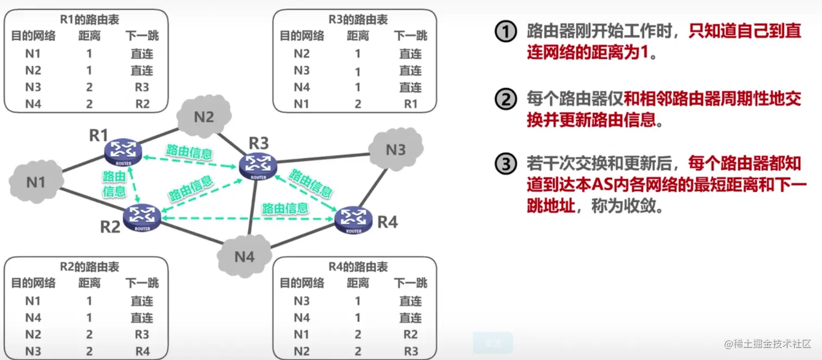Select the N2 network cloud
(204, 117)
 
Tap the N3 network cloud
(396, 150)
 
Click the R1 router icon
(123, 152)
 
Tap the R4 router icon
(353, 220)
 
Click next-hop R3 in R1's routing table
(142, 87)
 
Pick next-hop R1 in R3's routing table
(410, 104)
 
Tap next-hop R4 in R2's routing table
(142, 351)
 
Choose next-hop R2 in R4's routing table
(410, 334)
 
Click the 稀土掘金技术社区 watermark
(767, 344)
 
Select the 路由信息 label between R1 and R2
(114, 183)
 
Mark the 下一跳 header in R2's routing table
(142, 283)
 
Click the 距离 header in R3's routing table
(358, 36)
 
